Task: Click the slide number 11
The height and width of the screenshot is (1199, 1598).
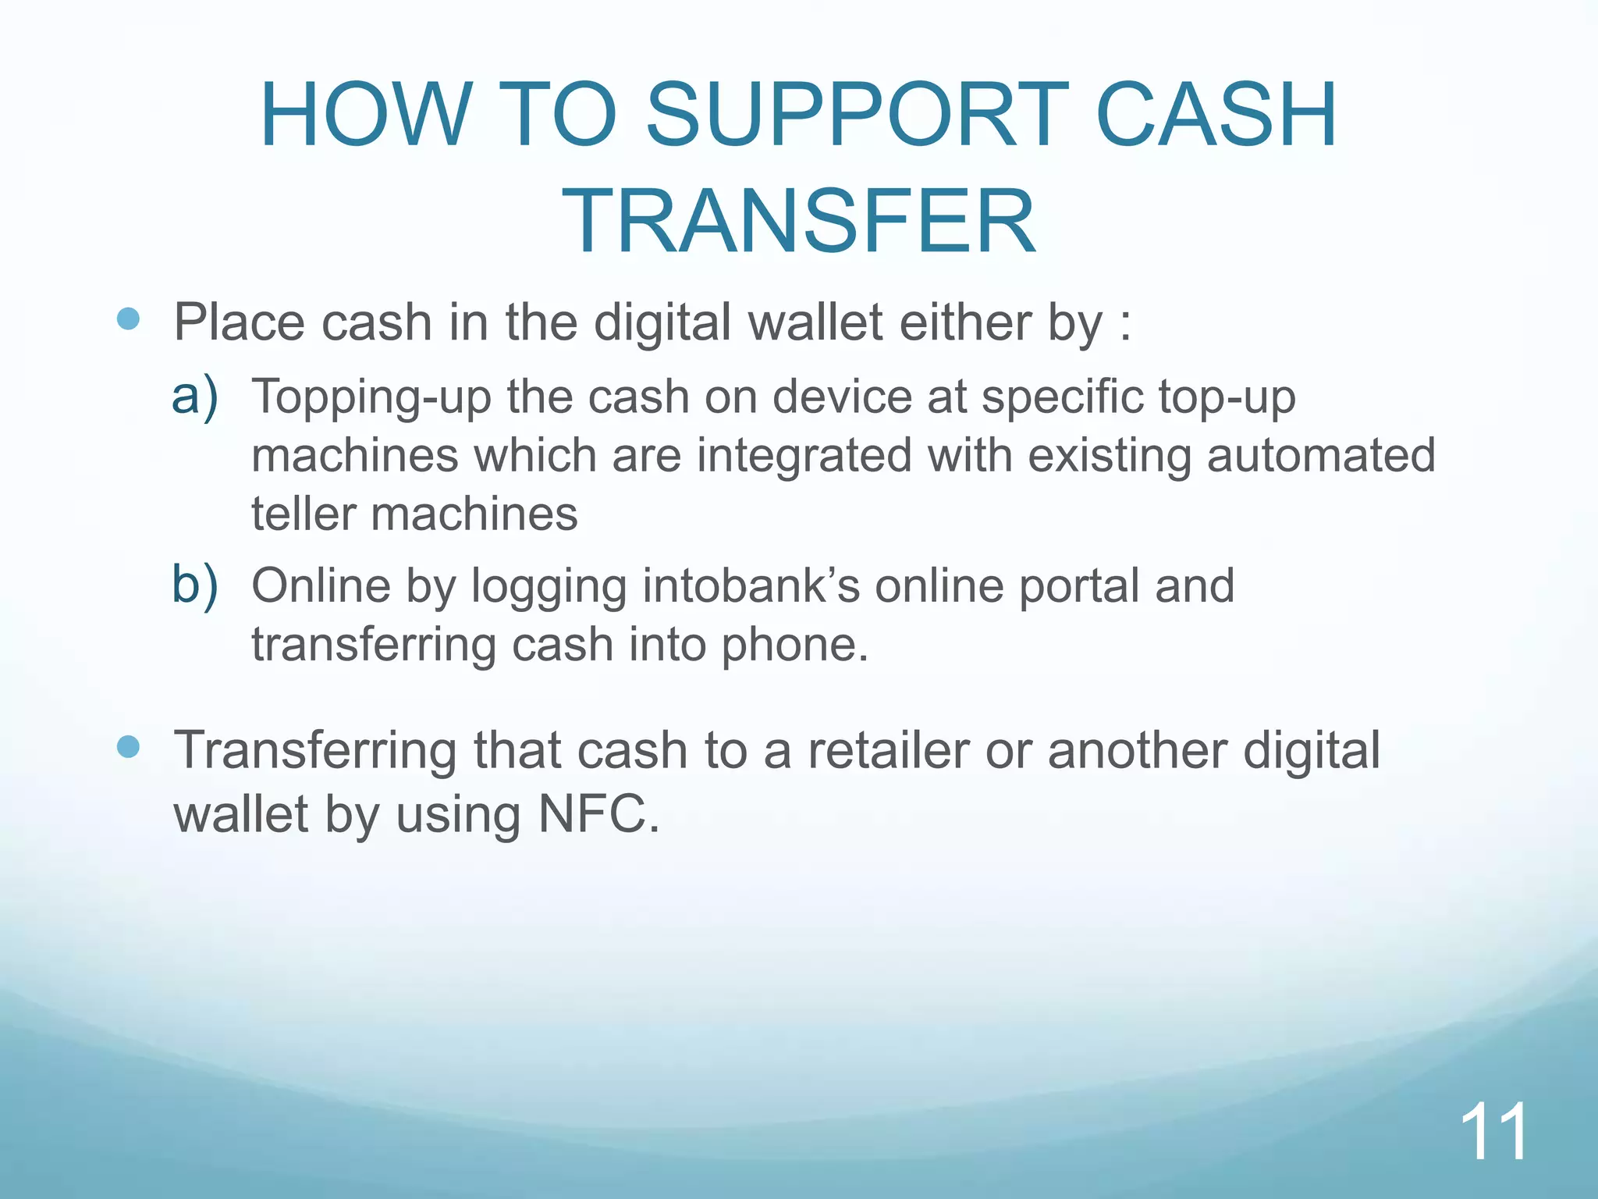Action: coord(1493,1133)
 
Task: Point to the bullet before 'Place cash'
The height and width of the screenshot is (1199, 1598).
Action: coord(128,318)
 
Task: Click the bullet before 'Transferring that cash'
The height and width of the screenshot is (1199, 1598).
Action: coord(128,746)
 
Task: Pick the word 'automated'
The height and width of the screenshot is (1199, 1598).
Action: coord(1320,456)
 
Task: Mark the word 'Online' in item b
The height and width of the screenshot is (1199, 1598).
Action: coord(321,586)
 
